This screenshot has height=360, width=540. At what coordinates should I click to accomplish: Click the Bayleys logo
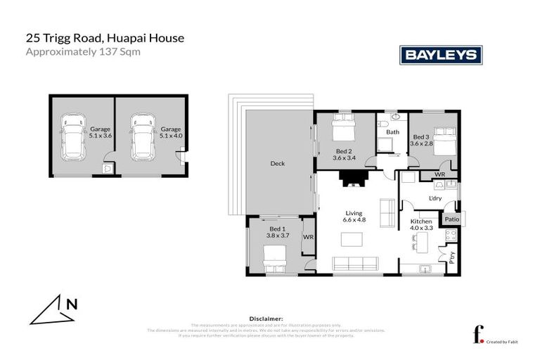pyautogui.click(x=440, y=55)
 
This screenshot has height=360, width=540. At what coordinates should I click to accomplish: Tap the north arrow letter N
pyautogui.click(x=71, y=304)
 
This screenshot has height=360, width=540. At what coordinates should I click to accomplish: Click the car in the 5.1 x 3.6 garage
pyautogui.click(x=72, y=136)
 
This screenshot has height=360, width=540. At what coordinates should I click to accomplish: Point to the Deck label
pyautogui.click(x=278, y=164)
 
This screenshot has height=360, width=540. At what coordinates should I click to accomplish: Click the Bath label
pyautogui.click(x=392, y=132)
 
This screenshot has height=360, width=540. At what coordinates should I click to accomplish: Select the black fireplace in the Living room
pyautogui.click(x=349, y=179)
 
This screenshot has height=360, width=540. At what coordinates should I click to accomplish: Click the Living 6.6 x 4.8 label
pyautogui.click(x=352, y=217)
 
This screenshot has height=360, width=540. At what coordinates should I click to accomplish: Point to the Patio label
pyautogui.click(x=451, y=219)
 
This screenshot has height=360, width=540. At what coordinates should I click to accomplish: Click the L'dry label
pyautogui.click(x=435, y=198)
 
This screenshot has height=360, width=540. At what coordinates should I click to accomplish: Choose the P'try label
pyautogui.click(x=452, y=257)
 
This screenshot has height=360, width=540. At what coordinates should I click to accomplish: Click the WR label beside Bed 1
pyautogui.click(x=307, y=238)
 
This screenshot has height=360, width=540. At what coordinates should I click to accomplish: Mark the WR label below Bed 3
pyautogui.click(x=439, y=174)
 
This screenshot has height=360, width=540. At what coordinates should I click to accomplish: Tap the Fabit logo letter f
pyautogui.click(x=479, y=335)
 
